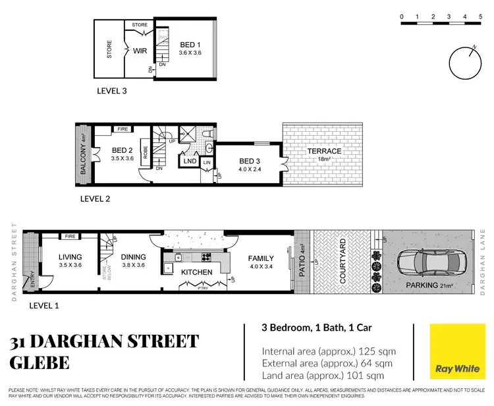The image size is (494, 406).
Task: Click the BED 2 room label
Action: click(x=123, y=151)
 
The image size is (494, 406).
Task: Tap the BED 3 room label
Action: click(x=250, y=161)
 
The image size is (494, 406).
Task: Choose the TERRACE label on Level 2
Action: click(x=325, y=151)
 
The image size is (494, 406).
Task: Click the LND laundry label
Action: click(x=190, y=160)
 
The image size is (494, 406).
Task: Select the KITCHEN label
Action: click(x=196, y=272)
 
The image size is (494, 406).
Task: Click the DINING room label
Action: click(x=135, y=257)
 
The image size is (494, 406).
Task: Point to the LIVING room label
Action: click(x=70, y=257)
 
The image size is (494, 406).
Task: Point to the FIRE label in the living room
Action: click(x=68, y=235)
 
